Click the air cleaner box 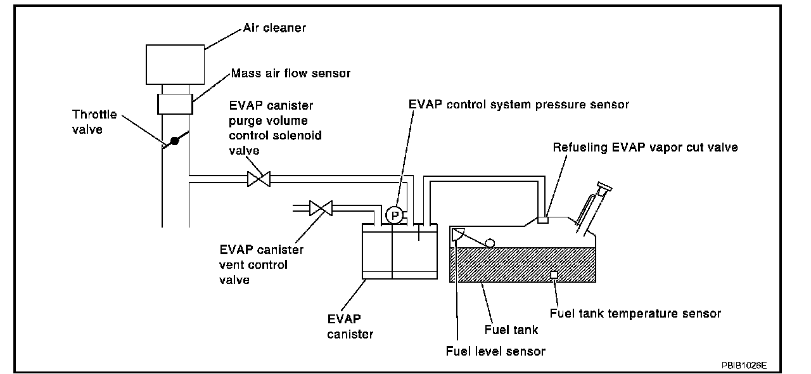click(176, 64)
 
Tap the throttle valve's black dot click(176, 141)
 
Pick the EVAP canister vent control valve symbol click(321, 207)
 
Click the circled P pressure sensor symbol click(395, 216)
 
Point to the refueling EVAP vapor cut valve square click(542, 220)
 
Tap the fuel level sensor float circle click(490, 243)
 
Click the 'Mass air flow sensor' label click(291, 74)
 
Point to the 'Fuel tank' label click(511, 329)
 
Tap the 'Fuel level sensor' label click(495, 351)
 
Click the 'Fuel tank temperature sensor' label click(635, 313)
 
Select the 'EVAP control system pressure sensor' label click(519, 105)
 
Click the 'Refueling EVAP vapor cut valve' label click(645, 148)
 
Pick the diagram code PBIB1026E click(743, 366)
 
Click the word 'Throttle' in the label click(94, 114)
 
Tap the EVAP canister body click(399, 252)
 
